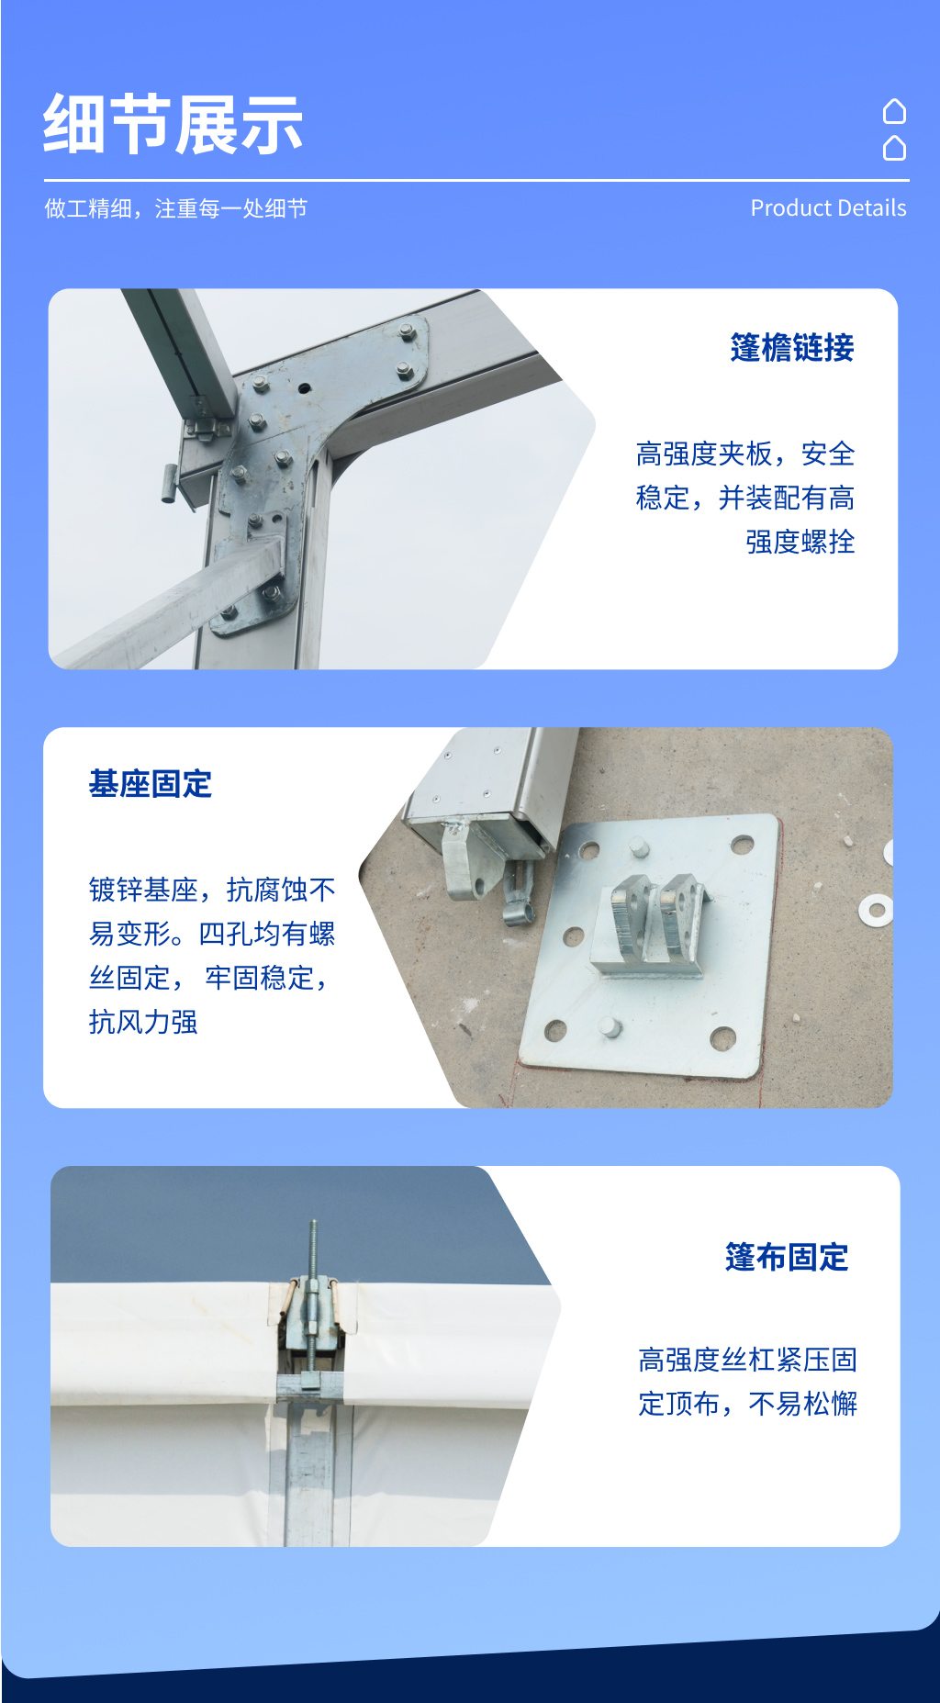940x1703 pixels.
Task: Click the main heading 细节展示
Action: pyautogui.click(x=173, y=125)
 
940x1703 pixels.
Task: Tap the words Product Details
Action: pyautogui.click(x=828, y=208)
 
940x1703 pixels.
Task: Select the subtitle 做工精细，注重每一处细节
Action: pyautogui.click(x=175, y=209)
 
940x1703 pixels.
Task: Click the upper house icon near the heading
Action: pyautogui.click(x=894, y=111)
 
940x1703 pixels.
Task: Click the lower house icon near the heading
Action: pyautogui.click(x=894, y=148)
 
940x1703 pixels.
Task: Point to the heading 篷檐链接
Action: pyautogui.click(x=791, y=348)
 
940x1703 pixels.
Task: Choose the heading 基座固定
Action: pyautogui.click(x=151, y=784)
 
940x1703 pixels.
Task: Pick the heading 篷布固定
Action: pyautogui.click(x=787, y=1257)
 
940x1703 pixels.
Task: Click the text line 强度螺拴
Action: pyautogui.click(x=800, y=542)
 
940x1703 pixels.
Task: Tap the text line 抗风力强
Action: pyautogui.click(x=143, y=1022)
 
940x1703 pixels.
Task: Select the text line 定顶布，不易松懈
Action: pyautogui.click(x=747, y=1404)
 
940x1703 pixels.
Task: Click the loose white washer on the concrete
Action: pyautogui.click(x=875, y=910)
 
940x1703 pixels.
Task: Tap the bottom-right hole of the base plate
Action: pyautogui.click(x=723, y=1037)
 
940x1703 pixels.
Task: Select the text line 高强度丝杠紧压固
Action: pyautogui.click(x=747, y=1360)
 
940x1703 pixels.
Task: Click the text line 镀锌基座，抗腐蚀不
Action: pyautogui.click(x=212, y=890)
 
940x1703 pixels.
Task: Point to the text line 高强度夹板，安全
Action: pyautogui.click(x=744, y=454)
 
